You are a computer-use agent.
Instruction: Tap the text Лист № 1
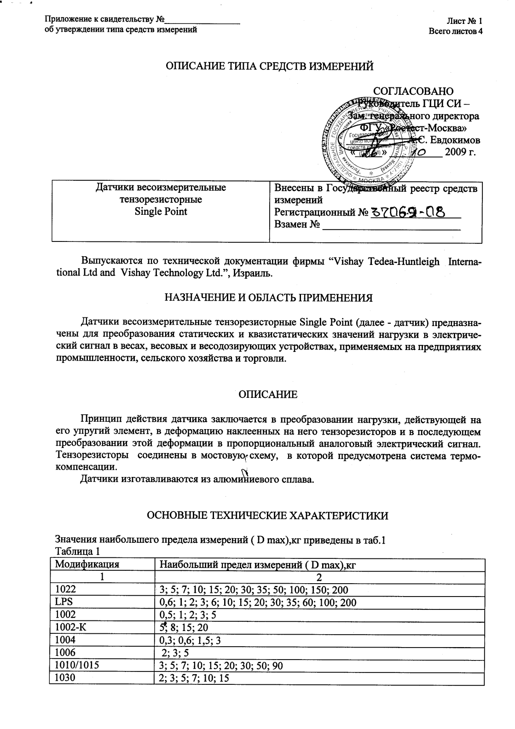pyautogui.click(x=464, y=21)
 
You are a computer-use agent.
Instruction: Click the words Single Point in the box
pyautogui.click(x=161, y=212)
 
